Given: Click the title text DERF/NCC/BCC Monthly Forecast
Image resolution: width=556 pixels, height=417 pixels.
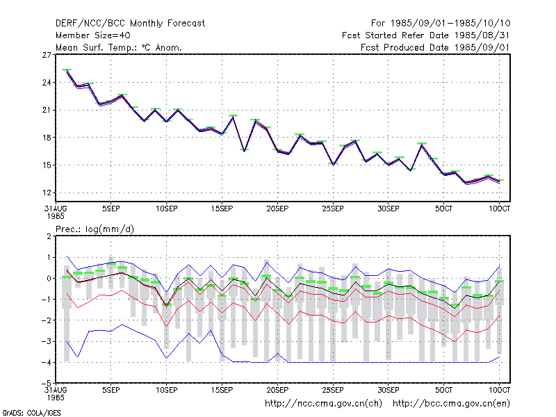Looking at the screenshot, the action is pyautogui.click(x=130, y=24).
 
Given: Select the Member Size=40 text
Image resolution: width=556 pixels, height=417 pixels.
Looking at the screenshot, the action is pyautogui.click(x=93, y=35).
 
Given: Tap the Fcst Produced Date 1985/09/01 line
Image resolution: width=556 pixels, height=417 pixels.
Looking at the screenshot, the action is pyautogui.click(x=435, y=47).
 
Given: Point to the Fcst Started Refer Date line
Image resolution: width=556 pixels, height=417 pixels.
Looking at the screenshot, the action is pyautogui.click(x=426, y=35).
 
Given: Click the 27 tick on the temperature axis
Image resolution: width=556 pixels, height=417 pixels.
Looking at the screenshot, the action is pyautogui.click(x=47, y=55).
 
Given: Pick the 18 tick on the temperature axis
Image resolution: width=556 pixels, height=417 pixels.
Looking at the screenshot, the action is pyautogui.click(x=47, y=138).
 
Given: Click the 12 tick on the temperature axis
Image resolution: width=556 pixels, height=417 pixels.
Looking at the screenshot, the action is pyautogui.click(x=47, y=193).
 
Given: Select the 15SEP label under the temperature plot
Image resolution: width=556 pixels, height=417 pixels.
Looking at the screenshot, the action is pyautogui.click(x=222, y=208).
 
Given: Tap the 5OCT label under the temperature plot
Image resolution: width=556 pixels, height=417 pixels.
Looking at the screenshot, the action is pyautogui.click(x=443, y=208).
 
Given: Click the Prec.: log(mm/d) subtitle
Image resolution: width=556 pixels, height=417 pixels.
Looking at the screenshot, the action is pyautogui.click(x=95, y=229).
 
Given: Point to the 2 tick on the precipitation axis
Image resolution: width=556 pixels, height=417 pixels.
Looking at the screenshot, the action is pyautogui.click(x=49, y=236).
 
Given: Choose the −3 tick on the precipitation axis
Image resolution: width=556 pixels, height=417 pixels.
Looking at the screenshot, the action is pyautogui.click(x=47, y=341).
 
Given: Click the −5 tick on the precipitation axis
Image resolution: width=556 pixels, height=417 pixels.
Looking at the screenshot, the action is pyautogui.click(x=47, y=384).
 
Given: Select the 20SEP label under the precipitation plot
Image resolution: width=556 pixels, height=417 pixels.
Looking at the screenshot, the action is pyautogui.click(x=277, y=390).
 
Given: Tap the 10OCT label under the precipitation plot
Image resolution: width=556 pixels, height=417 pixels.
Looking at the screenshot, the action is pyautogui.click(x=499, y=390).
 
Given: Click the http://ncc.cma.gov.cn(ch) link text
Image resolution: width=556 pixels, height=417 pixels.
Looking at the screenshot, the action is pyautogui.click(x=323, y=404).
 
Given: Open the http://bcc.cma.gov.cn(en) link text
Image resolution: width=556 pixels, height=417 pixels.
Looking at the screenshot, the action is pyautogui.click(x=451, y=404).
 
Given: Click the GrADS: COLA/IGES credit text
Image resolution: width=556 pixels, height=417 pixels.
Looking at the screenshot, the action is pyautogui.click(x=31, y=413).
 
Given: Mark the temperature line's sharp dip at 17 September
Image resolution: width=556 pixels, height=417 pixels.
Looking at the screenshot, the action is pyautogui.click(x=245, y=151).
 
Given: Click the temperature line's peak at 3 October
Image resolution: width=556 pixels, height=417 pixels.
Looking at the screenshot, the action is pyautogui.click(x=422, y=145).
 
